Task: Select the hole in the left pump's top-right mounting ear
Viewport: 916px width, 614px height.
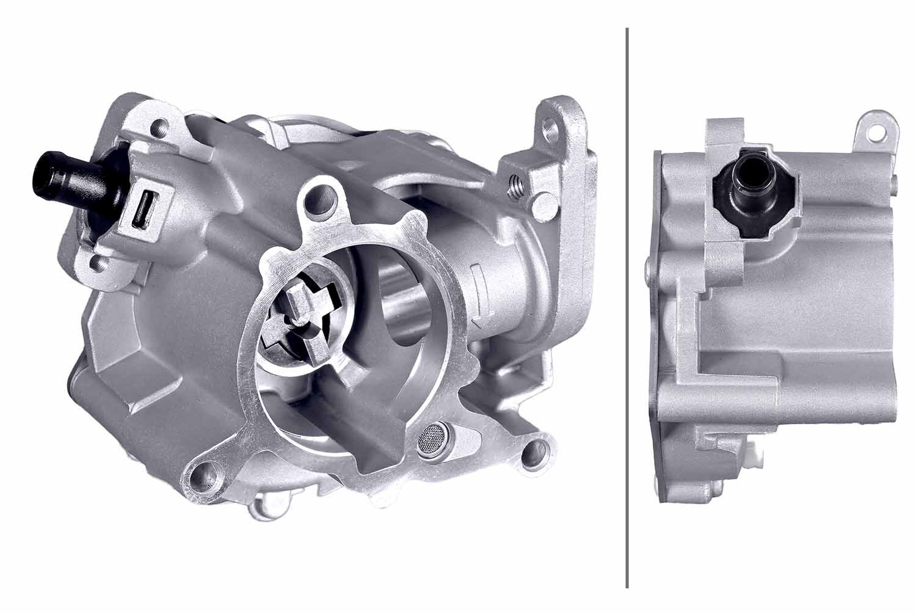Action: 554,127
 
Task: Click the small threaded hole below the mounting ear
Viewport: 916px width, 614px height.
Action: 514,181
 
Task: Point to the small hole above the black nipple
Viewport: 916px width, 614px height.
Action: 159,130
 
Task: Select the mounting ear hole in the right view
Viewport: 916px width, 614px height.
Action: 878,130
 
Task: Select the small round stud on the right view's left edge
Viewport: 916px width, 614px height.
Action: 648,264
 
